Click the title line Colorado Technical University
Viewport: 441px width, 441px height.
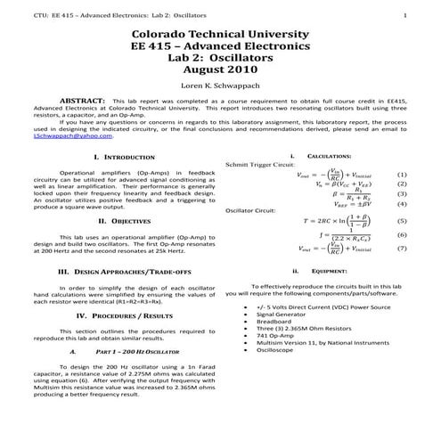point(220,33)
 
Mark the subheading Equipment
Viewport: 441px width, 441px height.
point(317,271)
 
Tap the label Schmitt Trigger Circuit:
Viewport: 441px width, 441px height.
point(260,165)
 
